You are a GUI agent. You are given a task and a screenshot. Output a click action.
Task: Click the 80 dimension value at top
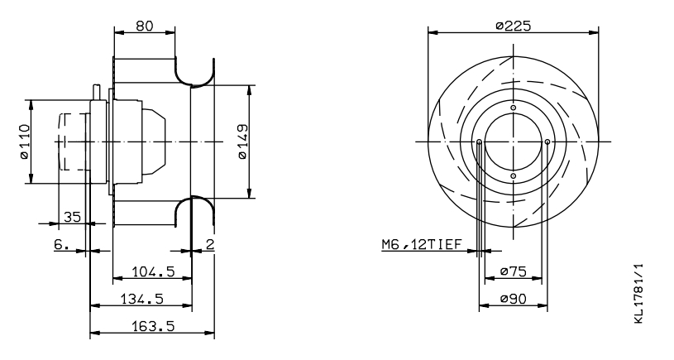coord(145,26)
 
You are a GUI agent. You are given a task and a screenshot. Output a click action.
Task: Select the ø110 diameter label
coord(25,142)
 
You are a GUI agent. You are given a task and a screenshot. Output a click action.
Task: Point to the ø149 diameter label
coord(243,142)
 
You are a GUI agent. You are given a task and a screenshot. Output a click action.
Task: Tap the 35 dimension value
coord(72,216)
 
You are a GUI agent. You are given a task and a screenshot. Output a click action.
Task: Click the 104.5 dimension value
coord(153,271)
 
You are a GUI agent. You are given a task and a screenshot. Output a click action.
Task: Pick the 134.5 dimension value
coord(142,299)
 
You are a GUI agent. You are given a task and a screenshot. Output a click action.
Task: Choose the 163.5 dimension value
coord(153,326)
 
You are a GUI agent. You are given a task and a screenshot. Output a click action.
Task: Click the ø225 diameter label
coord(514,26)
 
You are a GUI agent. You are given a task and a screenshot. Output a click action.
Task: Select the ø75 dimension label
coord(514,271)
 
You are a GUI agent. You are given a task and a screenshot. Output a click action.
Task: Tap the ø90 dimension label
coord(514,299)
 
